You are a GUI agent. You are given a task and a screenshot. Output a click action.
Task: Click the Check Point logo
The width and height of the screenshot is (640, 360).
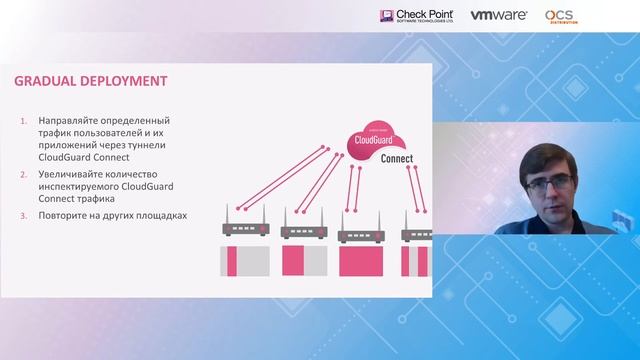click(x=418, y=16)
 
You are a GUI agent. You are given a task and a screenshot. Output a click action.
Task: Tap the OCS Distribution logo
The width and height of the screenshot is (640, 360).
click(x=560, y=16)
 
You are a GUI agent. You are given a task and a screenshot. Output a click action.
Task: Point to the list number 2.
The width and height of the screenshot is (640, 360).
click(x=25, y=174)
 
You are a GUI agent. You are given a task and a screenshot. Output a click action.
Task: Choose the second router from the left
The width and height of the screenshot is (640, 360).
click(x=303, y=230)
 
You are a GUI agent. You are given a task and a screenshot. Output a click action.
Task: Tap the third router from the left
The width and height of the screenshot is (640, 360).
click(x=361, y=234)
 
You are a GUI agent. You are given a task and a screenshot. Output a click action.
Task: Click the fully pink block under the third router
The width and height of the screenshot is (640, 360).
click(x=361, y=262)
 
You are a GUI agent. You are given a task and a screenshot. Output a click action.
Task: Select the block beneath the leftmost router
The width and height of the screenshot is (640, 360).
click(x=243, y=261)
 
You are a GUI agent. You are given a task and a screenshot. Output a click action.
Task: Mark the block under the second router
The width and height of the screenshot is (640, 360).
click(x=303, y=261)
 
